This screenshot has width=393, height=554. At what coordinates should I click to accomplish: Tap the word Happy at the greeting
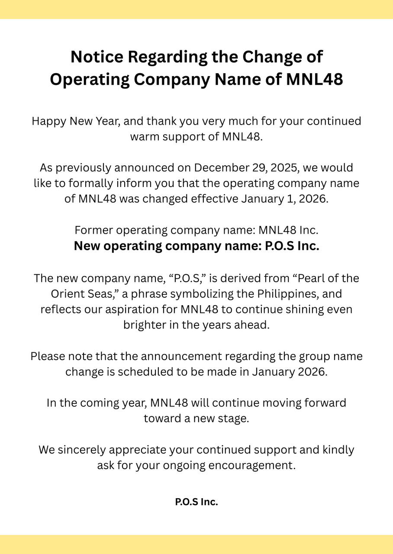(x=49, y=121)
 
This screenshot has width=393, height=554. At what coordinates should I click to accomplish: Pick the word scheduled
(x=145, y=372)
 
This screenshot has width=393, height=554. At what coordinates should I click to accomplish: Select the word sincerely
(x=81, y=450)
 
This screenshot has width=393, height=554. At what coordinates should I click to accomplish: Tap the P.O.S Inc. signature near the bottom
(x=196, y=502)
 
